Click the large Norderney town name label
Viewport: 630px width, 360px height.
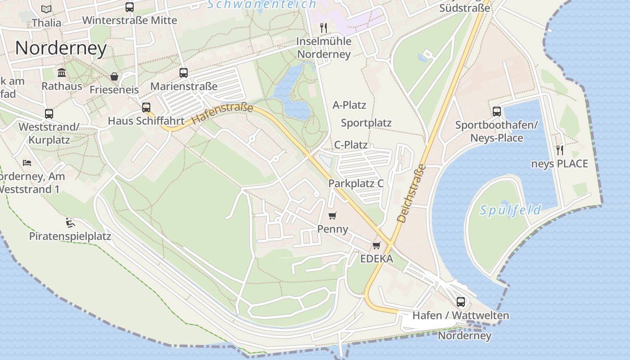point(61,48)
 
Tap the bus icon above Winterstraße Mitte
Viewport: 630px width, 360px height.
point(130,7)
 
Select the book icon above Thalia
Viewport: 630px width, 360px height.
point(46,9)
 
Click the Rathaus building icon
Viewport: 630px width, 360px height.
point(62,73)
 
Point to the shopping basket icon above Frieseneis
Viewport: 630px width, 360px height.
point(114,77)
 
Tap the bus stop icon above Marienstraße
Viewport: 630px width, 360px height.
point(184,73)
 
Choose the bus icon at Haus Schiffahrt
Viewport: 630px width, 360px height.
point(146,108)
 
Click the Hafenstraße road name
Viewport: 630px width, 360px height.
point(222,114)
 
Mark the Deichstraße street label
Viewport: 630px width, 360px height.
point(411,193)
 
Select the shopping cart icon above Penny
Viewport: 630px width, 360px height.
point(333,216)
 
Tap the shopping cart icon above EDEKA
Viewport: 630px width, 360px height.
point(377,246)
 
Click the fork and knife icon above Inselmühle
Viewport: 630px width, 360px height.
point(324,28)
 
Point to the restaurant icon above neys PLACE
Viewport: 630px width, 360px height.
point(560,150)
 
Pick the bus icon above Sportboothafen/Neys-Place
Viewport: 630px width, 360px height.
point(497,112)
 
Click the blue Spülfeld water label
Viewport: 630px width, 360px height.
point(510,210)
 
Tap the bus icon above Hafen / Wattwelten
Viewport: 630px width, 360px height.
point(461,302)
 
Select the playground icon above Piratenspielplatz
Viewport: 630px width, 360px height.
point(70,223)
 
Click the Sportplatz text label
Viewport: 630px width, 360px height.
point(366,123)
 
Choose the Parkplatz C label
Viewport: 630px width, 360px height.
point(355,184)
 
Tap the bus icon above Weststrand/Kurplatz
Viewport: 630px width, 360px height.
point(49,114)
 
